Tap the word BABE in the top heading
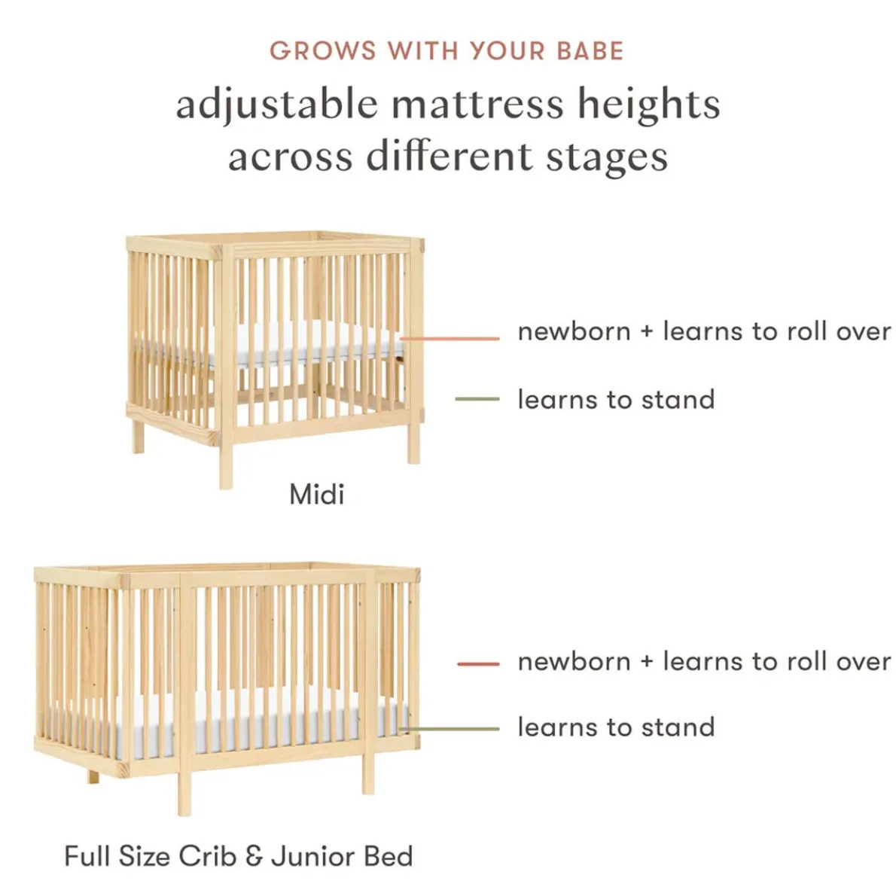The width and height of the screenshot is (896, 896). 590,51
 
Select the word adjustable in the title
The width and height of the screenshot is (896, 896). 276,104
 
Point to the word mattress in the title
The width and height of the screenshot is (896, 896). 477,104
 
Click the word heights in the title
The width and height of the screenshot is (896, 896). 648,104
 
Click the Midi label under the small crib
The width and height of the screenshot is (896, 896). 317,495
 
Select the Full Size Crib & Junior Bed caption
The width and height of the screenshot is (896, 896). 239,856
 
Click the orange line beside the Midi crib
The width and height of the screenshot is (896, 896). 452,339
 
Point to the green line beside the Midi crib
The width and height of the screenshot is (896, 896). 477,399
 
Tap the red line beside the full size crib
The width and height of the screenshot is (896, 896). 478,663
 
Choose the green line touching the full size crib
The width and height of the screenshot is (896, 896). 452,729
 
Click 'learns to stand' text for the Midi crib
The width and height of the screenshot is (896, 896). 616,399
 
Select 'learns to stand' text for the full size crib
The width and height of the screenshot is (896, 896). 616,727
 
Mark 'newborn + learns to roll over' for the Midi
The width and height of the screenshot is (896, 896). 704,331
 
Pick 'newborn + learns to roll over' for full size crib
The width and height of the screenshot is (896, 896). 704,662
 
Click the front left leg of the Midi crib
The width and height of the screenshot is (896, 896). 226,463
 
